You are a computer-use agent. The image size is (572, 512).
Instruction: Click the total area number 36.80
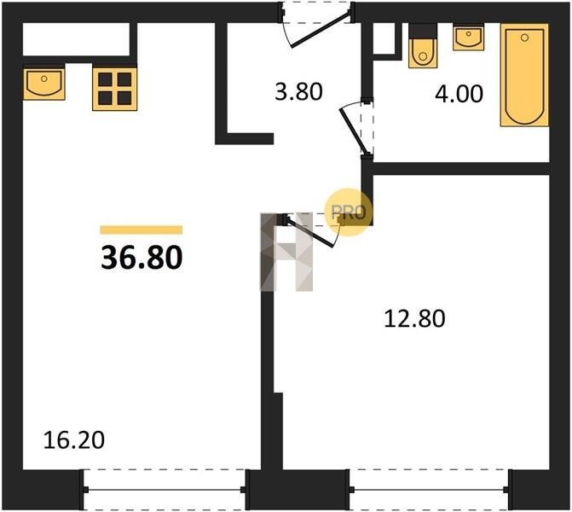[142, 258]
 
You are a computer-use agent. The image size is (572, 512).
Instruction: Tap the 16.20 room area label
[73, 439]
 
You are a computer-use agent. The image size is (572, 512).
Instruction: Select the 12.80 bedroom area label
[415, 318]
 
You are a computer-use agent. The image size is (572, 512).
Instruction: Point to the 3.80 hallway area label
[298, 91]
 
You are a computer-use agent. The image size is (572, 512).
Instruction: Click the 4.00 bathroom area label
[459, 94]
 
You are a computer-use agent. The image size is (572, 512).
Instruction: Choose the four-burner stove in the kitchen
[114, 89]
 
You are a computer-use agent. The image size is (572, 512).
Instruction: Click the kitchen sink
[43, 84]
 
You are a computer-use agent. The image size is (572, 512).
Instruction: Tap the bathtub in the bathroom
[524, 75]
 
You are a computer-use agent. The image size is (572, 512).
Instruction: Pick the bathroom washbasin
[468, 38]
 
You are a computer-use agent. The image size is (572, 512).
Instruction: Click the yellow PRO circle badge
[349, 212]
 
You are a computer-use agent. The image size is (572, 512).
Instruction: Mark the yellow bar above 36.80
[142, 230]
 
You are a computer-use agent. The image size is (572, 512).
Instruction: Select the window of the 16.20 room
[165, 489]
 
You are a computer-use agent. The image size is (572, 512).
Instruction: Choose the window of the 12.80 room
[429, 489]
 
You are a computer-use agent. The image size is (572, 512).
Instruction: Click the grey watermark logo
[286, 252]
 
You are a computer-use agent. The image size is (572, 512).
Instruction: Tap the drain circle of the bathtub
[525, 38]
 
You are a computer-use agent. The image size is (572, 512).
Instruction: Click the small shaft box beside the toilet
[384, 38]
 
